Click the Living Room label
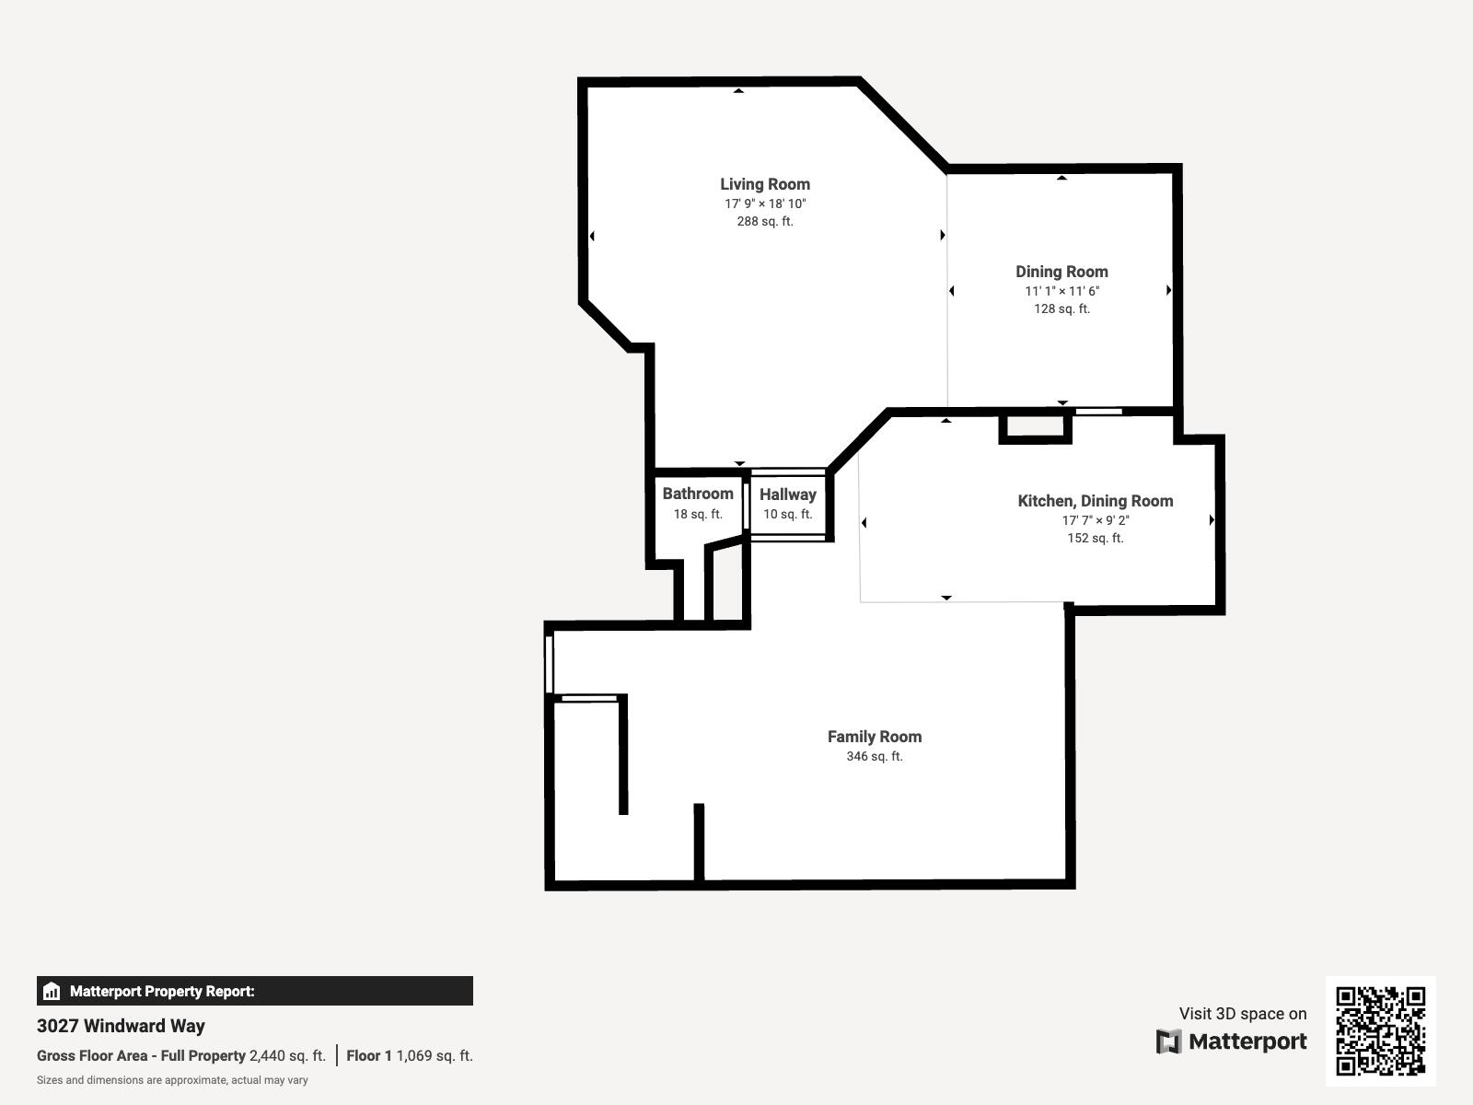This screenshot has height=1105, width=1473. pos(765,184)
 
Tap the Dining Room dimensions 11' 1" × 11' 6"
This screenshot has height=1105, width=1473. pos(1061,291)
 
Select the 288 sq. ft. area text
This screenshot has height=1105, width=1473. pos(765,221)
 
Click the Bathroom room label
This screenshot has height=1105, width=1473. pos(698,494)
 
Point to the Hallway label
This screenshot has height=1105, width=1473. pos(788,494)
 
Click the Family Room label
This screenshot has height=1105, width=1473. pos(874,737)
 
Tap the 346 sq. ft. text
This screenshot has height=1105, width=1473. pos(874,756)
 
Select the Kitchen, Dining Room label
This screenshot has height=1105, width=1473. pos(1095,501)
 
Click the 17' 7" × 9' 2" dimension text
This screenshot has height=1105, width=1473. pos(1095,520)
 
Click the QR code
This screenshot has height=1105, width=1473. pos(1380,1030)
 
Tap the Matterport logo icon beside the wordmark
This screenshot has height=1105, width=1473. pos(1168,1041)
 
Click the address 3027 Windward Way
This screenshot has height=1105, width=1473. pos(121,1026)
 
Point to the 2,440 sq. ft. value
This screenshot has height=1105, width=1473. pos(287,1056)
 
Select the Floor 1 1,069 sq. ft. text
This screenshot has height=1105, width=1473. pos(410,1056)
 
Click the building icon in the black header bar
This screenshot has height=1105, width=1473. pos(52,992)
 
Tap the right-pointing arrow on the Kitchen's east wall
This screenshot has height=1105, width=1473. pos(1212,520)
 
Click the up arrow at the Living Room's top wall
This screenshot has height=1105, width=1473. pos(738,90)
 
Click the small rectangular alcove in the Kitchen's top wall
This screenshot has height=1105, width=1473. pos(1036,426)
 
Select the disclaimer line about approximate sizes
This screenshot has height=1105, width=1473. pos(172,1080)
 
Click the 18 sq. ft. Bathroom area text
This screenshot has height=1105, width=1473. pos(698,514)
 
